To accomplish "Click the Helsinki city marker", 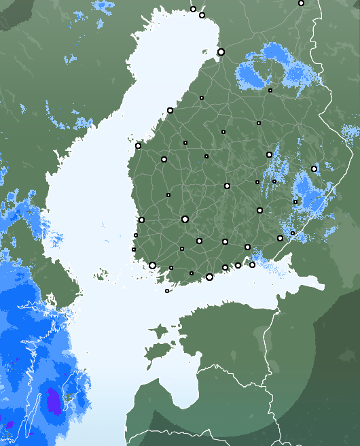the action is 209,277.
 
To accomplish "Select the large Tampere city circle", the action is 185,219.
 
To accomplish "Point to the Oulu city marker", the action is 221,52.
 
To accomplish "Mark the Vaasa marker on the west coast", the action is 138,145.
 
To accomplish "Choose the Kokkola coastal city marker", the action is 170,110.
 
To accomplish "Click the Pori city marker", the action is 141,220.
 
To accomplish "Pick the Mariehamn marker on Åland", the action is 167,291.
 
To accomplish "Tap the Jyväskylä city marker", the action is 227,186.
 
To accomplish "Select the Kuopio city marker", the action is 269,154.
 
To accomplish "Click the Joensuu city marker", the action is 314,169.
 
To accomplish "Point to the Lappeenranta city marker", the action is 280,238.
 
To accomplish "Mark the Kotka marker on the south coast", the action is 252,264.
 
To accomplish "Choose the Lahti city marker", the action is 225,241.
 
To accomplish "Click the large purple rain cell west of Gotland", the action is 52,401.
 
